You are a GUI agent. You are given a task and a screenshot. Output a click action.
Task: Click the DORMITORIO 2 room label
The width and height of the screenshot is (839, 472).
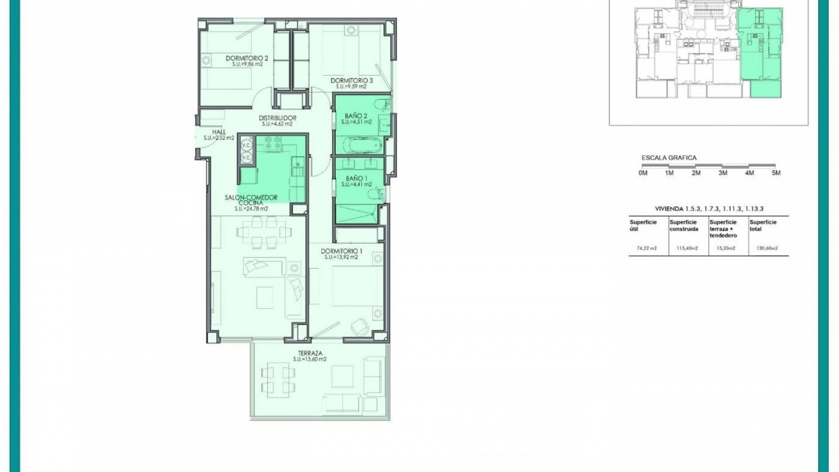246,58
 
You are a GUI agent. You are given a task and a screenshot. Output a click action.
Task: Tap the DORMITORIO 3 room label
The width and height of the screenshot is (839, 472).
351,80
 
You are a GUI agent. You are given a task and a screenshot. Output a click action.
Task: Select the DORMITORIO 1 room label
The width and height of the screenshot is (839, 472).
341,251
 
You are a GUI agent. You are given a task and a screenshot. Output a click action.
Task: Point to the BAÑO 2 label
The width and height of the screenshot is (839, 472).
356,116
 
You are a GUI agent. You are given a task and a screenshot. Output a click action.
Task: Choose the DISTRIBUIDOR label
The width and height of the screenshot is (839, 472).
277,118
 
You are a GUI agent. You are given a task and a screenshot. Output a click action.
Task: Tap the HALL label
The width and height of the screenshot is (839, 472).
219,132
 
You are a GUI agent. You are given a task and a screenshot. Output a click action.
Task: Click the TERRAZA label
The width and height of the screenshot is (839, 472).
310,353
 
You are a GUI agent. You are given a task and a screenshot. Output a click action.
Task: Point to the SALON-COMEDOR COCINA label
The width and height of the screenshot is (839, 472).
251,200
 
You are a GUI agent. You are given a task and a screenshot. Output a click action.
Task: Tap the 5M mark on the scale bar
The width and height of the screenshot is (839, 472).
776,173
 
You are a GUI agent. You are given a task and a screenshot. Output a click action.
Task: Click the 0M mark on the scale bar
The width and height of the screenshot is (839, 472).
643,173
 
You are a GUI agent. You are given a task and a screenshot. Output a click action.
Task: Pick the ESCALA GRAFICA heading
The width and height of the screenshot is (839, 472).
669,158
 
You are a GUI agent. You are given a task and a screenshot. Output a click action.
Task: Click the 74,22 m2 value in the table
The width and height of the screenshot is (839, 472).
647,248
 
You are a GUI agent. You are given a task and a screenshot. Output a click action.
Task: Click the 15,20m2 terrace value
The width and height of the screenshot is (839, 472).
726,248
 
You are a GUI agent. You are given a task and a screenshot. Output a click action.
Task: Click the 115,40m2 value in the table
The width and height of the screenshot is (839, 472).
687,248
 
